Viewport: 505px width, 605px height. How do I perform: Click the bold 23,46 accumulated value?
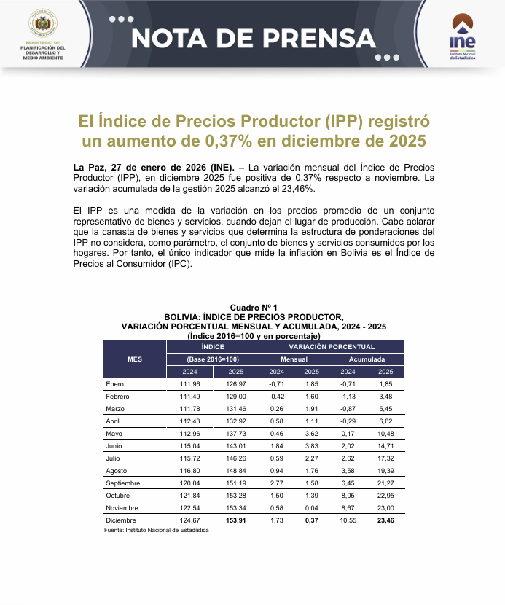[x=385, y=520]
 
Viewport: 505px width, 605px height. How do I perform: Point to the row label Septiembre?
[x=122, y=483]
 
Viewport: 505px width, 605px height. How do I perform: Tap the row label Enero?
[x=114, y=383]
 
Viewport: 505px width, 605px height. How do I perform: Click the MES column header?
[x=135, y=359]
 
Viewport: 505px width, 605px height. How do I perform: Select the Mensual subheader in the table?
[x=294, y=359]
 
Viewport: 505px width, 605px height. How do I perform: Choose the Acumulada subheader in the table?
[x=367, y=359]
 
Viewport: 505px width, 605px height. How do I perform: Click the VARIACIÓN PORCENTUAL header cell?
[x=332, y=347]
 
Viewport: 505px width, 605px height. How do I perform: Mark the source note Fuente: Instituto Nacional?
[x=157, y=530]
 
